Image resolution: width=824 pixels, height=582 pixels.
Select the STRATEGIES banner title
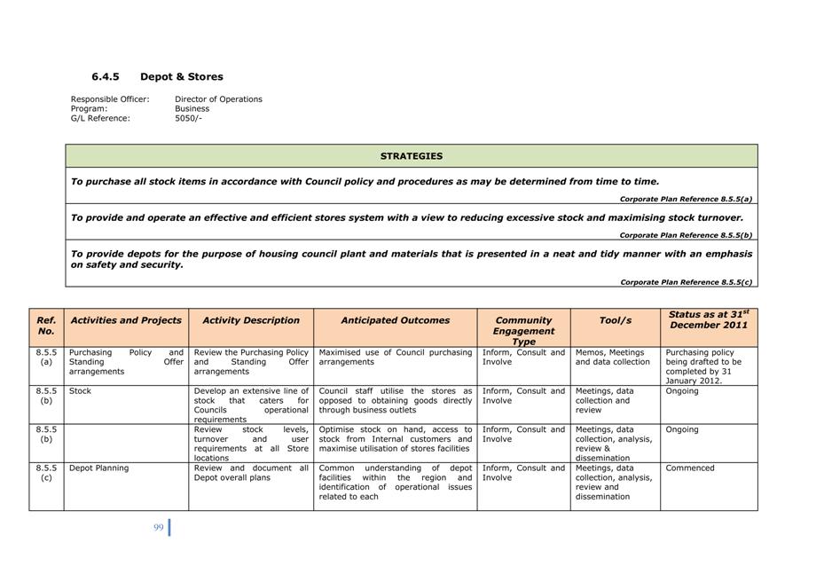pyautogui.click(x=411, y=156)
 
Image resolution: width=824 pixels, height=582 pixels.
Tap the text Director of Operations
pyautogui.click(x=218, y=99)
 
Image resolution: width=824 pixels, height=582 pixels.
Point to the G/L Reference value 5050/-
pyautogui.click(x=188, y=118)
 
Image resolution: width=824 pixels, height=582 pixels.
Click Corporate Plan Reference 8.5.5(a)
pyautogui.click(x=685, y=200)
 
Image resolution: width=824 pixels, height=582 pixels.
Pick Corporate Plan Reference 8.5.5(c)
pyautogui.click(x=685, y=282)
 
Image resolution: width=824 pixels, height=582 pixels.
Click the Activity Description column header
pyautogui.click(x=251, y=320)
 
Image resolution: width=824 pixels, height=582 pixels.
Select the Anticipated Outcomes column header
pyautogui.click(x=395, y=320)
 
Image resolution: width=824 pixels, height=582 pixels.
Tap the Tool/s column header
pyautogui.click(x=615, y=320)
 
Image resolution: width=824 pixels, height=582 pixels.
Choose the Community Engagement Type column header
pyautogui.click(x=523, y=330)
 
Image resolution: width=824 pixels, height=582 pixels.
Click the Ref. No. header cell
pyautogui.click(x=46, y=326)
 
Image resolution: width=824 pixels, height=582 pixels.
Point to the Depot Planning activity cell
pyautogui.click(x=98, y=468)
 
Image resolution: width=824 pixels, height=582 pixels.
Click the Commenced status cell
pyautogui.click(x=689, y=468)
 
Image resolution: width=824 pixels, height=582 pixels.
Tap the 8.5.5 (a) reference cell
pyautogui.click(x=46, y=357)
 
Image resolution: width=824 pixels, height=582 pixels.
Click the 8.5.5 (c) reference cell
pyautogui.click(x=46, y=473)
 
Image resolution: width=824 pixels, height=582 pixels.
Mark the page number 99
pyautogui.click(x=158, y=527)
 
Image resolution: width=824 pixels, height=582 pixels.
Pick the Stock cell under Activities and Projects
pyautogui.click(x=80, y=391)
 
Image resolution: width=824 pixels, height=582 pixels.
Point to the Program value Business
pyautogui.click(x=192, y=109)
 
